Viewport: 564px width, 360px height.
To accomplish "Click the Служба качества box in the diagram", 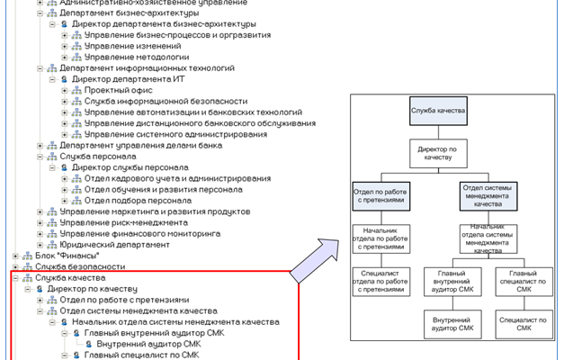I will tap(438, 110).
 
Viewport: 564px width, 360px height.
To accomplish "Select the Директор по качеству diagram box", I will tap(439, 151).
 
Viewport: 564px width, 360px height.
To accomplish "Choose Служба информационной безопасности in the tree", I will tap(159, 102).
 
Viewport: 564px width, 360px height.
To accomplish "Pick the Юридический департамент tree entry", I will tap(114, 244).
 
